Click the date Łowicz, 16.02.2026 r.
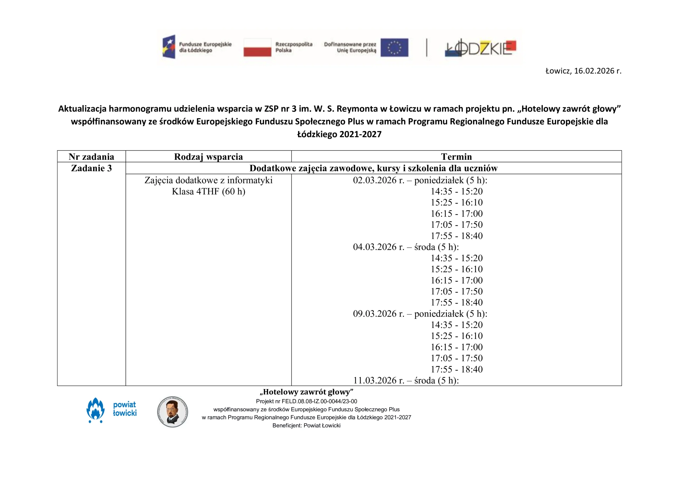pos(583,71)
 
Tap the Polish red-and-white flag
pos(257,47)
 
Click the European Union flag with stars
pos(394,47)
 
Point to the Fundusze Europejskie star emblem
pos(169,47)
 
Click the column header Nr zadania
pos(92,157)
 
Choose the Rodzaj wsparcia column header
pos(208,157)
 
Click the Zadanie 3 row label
pos(92,168)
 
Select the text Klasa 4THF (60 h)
pos(208,192)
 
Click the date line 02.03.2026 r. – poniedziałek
pos(420,180)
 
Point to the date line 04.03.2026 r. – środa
pos(406,247)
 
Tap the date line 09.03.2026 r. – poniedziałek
pos(420,314)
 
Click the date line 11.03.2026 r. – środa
pos(406,380)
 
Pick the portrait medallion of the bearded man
pos(172,412)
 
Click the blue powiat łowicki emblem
pos(95,410)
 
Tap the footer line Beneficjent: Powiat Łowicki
pos(306,426)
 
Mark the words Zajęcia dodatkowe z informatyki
pos(208,180)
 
